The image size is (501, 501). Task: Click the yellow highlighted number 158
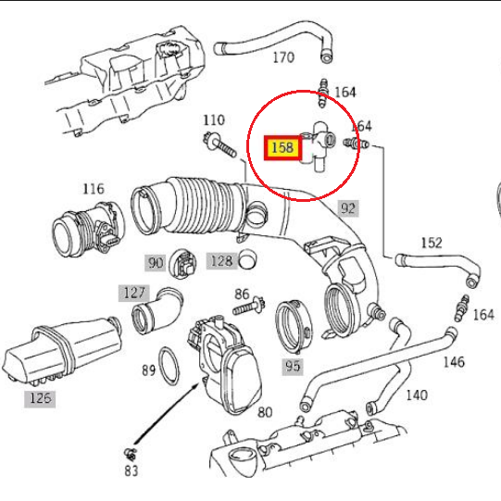pyautogui.click(x=282, y=147)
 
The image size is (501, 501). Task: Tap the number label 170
pyautogui.click(x=282, y=57)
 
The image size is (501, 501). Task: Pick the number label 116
pyautogui.click(x=93, y=189)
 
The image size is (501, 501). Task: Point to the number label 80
pyautogui.click(x=264, y=412)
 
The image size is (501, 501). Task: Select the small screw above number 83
pyautogui.click(x=132, y=453)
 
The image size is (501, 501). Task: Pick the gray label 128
pyautogui.click(x=220, y=261)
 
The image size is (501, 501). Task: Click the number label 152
pyautogui.click(x=432, y=243)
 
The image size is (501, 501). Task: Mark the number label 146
pyautogui.click(x=453, y=362)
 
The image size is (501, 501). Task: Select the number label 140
pyautogui.click(x=417, y=395)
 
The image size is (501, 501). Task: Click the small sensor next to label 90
pyautogui.click(x=185, y=265)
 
